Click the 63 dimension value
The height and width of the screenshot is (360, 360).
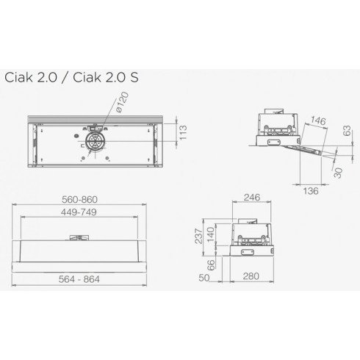pyautogui.click(x=343, y=133)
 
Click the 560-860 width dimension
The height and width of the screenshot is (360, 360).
pyautogui.click(x=90, y=200)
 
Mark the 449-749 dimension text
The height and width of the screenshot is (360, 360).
pyautogui.click(x=90, y=212)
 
